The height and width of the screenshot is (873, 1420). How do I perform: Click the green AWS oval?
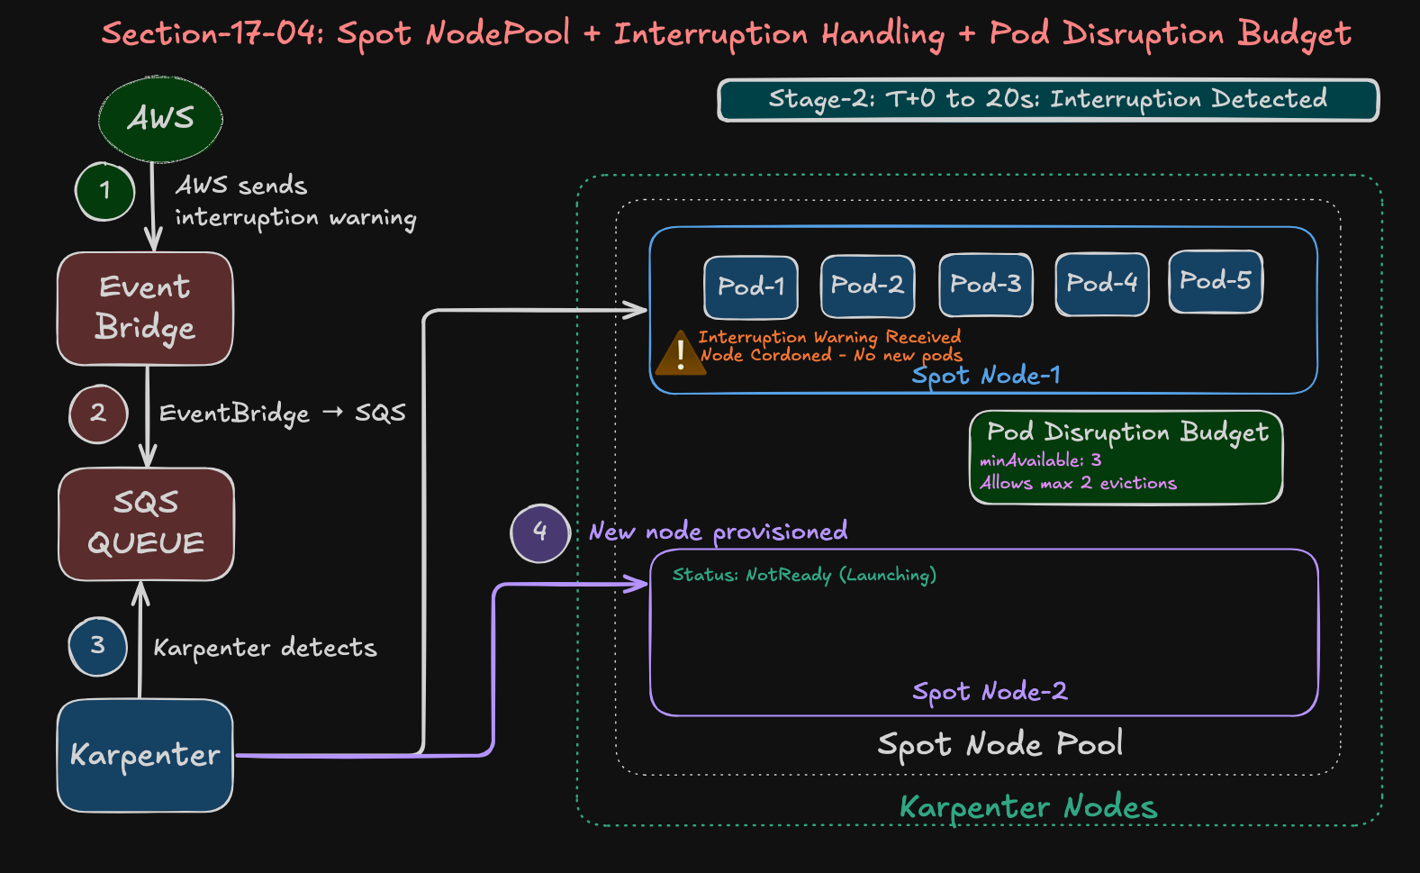click(160, 118)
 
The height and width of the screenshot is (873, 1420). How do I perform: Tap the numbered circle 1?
click(105, 191)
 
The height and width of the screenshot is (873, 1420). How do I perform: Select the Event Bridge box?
click(145, 308)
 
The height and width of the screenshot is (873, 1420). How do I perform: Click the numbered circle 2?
click(98, 414)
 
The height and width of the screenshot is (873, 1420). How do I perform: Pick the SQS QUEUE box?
click(146, 523)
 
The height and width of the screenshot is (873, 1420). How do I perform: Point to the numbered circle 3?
click(97, 646)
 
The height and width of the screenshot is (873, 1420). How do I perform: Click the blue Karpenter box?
click(145, 755)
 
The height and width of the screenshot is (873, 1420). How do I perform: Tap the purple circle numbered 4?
click(539, 532)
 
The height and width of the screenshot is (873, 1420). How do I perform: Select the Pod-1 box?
click(751, 286)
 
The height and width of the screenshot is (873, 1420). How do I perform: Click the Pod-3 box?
click(985, 285)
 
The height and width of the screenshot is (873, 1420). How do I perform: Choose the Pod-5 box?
click(1216, 281)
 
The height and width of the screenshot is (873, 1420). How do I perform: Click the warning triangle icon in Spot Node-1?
click(680, 353)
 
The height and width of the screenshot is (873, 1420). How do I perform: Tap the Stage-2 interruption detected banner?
click(1047, 99)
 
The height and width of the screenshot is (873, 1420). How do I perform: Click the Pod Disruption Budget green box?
click(1126, 458)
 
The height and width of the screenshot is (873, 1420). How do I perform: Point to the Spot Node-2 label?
click(990, 692)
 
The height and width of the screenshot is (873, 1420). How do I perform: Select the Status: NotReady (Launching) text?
click(804, 575)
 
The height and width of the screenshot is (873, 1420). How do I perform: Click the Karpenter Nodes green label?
click(1028, 807)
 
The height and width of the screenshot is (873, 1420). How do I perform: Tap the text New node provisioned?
click(718, 532)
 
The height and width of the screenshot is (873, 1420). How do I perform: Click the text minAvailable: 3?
click(1040, 460)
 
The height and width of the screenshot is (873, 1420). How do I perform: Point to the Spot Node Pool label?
click(999, 744)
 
